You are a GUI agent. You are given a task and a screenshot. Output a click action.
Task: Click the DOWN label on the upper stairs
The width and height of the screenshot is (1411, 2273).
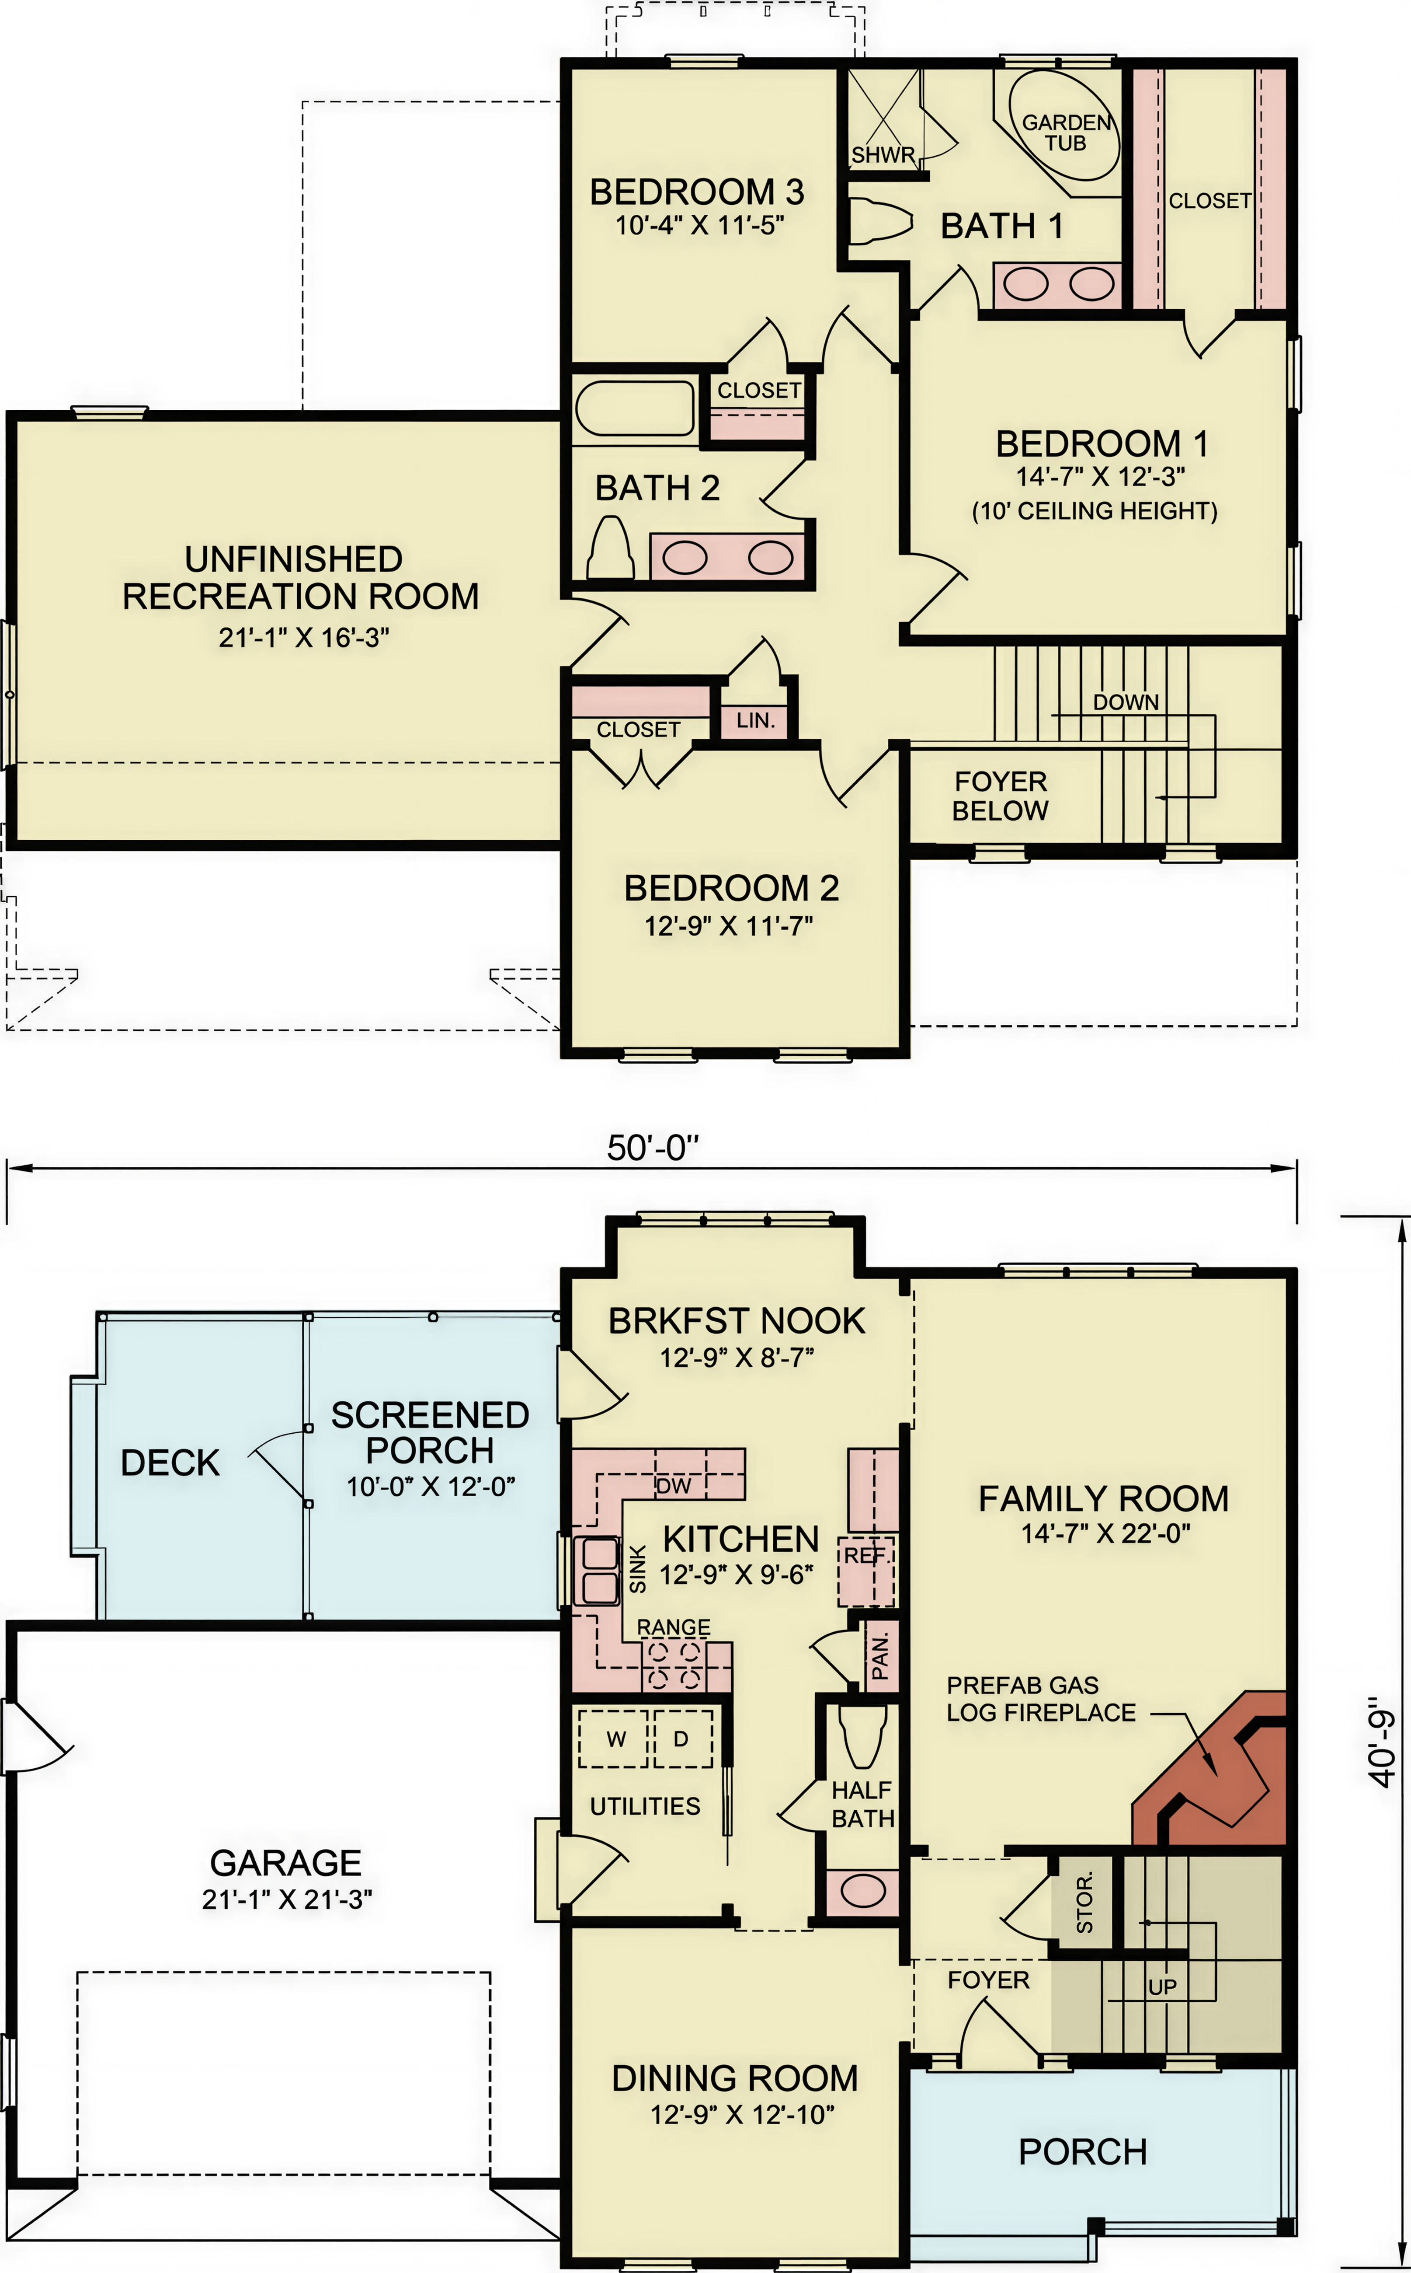click(x=1126, y=702)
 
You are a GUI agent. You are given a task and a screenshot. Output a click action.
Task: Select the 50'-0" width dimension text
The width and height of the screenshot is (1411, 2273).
click(x=653, y=1147)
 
